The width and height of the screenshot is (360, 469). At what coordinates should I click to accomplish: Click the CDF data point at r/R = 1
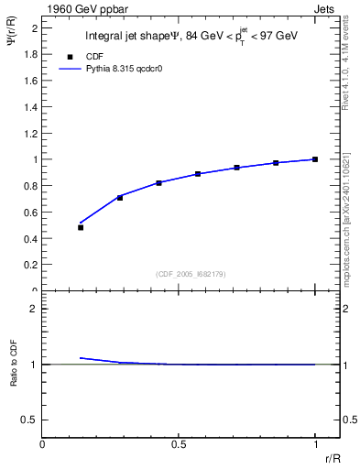coord(315,159)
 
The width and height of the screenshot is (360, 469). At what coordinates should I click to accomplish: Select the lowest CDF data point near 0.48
coord(81,227)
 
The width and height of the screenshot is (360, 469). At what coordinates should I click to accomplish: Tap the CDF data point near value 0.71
coord(120,197)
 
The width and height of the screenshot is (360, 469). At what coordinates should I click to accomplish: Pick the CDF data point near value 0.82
coord(158,183)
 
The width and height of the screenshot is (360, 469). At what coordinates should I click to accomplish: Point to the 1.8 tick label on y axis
coord(30,54)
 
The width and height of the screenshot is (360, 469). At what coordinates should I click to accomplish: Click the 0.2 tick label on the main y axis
coord(30,265)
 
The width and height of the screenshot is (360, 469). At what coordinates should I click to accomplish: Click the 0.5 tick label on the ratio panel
coord(30,420)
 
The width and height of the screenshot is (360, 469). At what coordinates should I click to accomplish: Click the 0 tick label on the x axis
coord(42,443)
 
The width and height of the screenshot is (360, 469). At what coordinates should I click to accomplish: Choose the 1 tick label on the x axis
coord(315,443)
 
